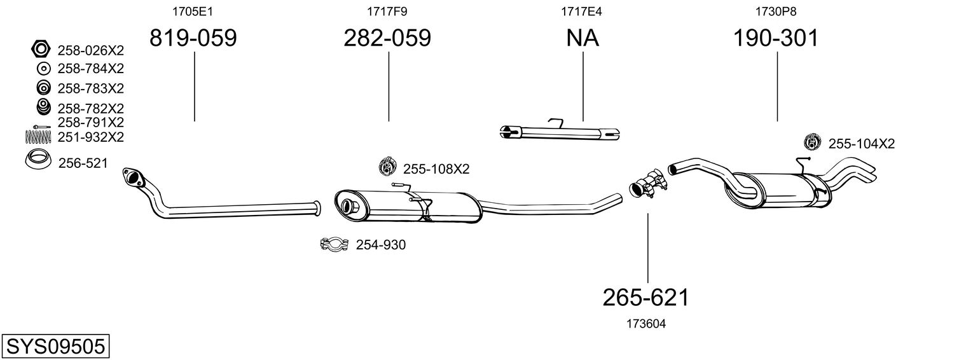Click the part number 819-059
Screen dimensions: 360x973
click(x=193, y=38)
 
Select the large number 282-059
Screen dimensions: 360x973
click(x=387, y=38)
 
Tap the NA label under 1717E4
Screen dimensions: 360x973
click(x=583, y=38)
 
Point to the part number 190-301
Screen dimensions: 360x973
click(x=776, y=38)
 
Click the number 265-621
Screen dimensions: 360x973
click(x=645, y=297)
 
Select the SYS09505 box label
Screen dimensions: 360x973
click(x=55, y=347)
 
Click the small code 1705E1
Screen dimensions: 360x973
click(x=193, y=11)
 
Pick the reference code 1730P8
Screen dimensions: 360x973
click(x=776, y=11)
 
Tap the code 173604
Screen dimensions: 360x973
click(x=646, y=324)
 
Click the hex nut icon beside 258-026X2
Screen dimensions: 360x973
click(x=41, y=49)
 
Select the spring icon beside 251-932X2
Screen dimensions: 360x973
click(x=39, y=136)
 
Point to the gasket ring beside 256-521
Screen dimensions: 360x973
click(x=39, y=162)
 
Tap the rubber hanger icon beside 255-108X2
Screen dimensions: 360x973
click(x=387, y=167)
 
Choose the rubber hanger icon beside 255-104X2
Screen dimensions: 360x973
click(x=812, y=143)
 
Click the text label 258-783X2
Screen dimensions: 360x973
click(x=90, y=88)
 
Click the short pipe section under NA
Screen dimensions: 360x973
click(x=560, y=132)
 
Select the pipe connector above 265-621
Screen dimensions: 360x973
click(x=647, y=184)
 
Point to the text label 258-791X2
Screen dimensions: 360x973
click(x=90, y=122)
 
